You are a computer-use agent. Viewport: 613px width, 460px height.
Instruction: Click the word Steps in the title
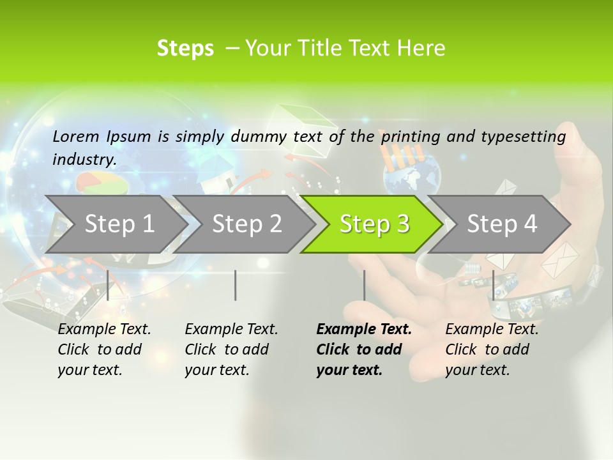pyautogui.click(x=185, y=49)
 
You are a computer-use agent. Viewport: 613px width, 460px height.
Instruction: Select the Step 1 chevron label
pyautogui.click(x=119, y=224)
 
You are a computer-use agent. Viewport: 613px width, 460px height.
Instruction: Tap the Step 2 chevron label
pyautogui.click(x=246, y=224)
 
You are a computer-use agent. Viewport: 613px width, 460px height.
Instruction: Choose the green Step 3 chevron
pyautogui.click(x=374, y=224)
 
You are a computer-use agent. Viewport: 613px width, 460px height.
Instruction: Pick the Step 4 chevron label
pyautogui.click(x=502, y=224)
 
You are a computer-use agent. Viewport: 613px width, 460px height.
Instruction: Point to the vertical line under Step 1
pyautogui.click(x=108, y=285)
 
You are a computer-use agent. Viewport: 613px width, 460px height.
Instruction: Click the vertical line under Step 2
pyautogui.click(x=236, y=285)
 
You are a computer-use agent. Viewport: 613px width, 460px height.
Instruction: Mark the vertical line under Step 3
pyautogui.click(x=364, y=285)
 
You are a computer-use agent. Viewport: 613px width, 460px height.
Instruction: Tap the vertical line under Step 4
pyautogui.click(x=493, y=285)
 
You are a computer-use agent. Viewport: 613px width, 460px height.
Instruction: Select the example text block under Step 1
pyautogui.click(x=103, y=349)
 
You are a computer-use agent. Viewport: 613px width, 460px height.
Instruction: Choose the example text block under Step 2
pyautogui.click(x=231, y=349)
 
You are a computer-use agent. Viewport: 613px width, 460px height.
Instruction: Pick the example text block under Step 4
pyautogui.click(x=491, y=349)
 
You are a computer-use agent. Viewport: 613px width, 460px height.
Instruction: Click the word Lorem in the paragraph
pyautogui.click(x=76, y=137)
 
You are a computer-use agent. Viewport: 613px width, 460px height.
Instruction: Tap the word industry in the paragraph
pyautogui.click(x=84, y=160)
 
